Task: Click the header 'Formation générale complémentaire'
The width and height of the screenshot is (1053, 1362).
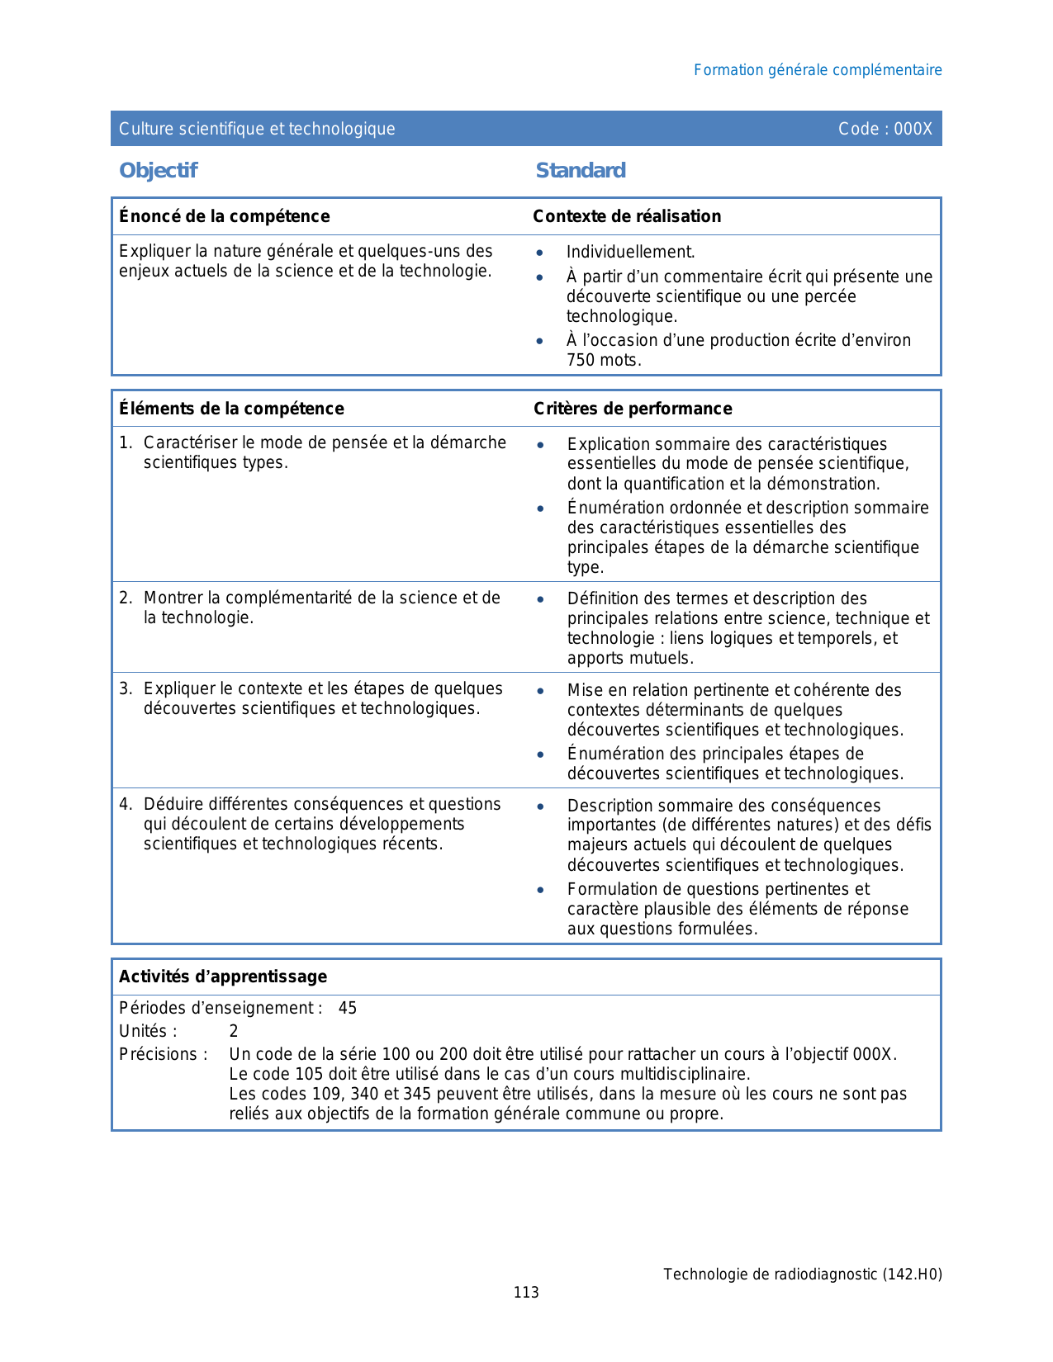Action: tap(818, 70)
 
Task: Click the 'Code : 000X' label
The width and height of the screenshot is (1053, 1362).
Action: tap(885, 129)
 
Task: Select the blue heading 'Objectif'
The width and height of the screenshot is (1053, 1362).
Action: tap(159, 171)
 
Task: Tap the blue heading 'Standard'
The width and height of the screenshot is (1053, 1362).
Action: tap(581, 171)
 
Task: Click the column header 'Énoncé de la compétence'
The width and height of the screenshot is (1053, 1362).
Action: tap(225, 216)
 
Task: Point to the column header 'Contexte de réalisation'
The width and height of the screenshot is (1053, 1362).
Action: tap(627, 216)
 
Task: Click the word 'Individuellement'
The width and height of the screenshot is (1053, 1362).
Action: tap(630, 253)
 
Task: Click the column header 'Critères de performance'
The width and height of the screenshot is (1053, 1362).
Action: tap(633, 409)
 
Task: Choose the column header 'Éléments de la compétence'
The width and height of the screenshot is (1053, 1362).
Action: tap(231, 409)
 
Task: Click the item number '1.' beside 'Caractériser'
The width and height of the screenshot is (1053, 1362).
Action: tap(126, 443)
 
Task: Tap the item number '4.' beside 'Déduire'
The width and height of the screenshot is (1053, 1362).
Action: tap(126, 805)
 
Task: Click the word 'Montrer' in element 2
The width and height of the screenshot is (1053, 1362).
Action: tap(173, 598)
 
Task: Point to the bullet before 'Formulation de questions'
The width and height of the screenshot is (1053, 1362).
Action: tap(540, 890)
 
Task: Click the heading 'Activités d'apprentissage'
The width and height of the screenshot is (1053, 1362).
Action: tap(223, 977)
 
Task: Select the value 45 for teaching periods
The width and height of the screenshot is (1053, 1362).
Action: tap(348, 1009)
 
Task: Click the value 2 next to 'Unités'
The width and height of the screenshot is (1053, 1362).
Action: tap(234, 1032)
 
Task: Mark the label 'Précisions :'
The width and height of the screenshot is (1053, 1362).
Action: tap(164, 1055)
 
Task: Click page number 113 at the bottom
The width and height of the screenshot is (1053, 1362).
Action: tap(526, 1293)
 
